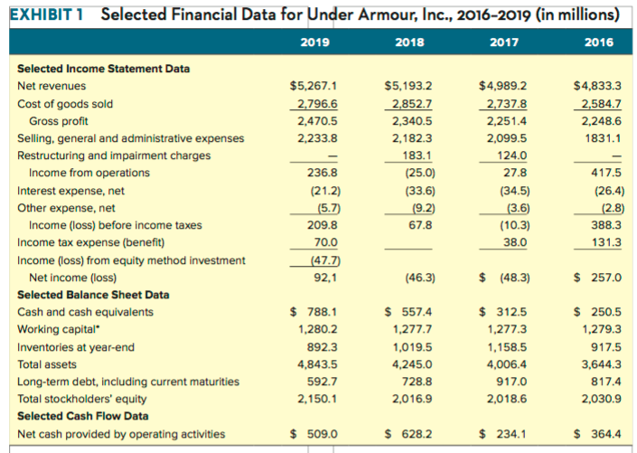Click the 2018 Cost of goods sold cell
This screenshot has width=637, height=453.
[408, 104]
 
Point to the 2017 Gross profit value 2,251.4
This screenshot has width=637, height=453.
[501, 121]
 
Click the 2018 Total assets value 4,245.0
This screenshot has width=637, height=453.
[412, 363]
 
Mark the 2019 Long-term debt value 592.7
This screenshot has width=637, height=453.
[323, 381]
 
